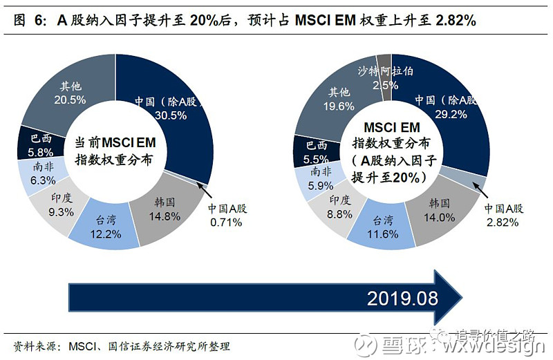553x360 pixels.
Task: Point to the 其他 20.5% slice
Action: [x=73, y=93]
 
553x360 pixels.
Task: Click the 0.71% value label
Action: [x=225, y=222]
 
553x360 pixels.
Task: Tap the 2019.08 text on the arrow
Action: [x=402, y=299]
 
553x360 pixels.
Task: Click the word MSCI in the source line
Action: [x=77, y=346]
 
